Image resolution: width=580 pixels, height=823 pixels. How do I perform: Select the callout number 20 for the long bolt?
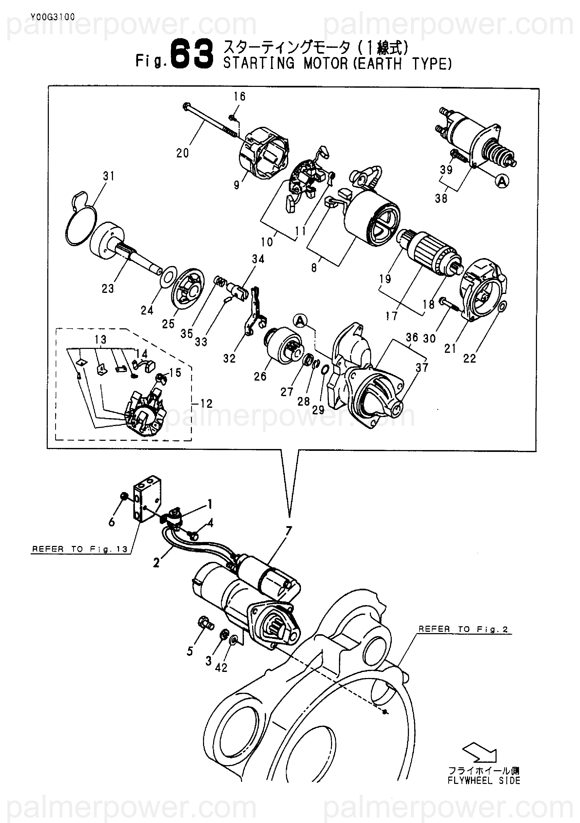[x=182, y=153]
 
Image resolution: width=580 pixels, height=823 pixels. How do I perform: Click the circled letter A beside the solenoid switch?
[x=502, y=182]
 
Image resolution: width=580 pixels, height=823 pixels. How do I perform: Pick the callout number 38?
[x=441, y=198]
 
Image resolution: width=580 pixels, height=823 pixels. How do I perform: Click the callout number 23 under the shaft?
[x=107, y=288]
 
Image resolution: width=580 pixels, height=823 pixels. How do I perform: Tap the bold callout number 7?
[x=288, y=531]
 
